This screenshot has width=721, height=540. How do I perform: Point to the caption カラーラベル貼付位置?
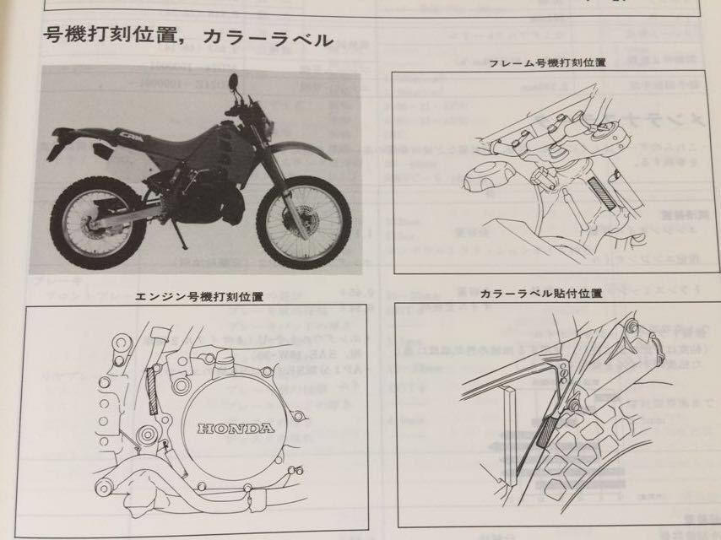[x=541, y=294]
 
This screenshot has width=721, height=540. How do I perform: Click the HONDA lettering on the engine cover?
[x=236, y=429]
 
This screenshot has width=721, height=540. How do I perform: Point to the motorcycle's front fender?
[x=300, y=152]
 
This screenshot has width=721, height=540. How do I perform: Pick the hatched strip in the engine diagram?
[x=152, y=391]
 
